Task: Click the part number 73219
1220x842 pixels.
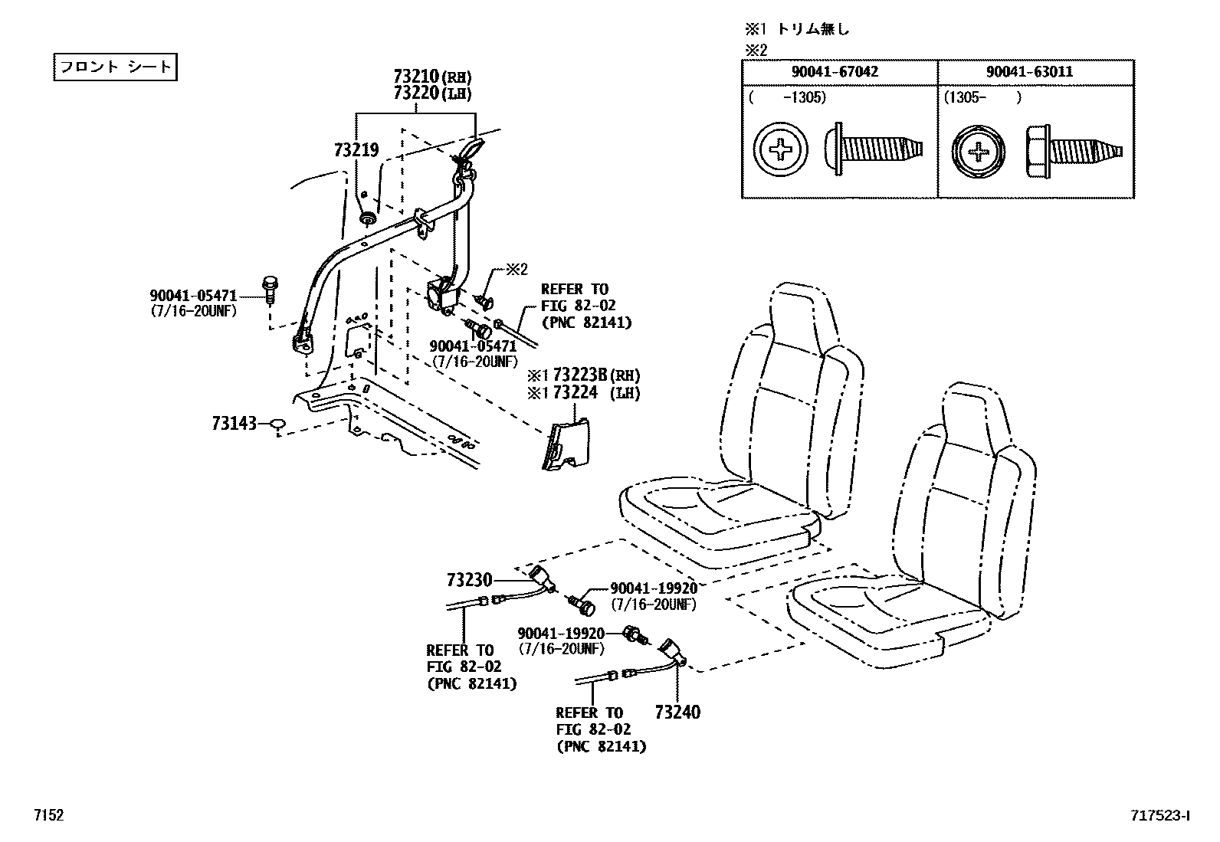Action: pos(356,150)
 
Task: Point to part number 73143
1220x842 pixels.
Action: pos(234,422)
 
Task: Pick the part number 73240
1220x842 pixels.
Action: pos(677,713)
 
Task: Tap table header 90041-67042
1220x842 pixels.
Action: pos(839,72)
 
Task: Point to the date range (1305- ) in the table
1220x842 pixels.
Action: pos(982,97)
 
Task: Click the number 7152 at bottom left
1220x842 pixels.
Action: pos(48,816)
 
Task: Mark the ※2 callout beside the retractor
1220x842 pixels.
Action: pos(516,270)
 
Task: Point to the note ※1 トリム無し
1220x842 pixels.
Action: pos(797,30)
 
